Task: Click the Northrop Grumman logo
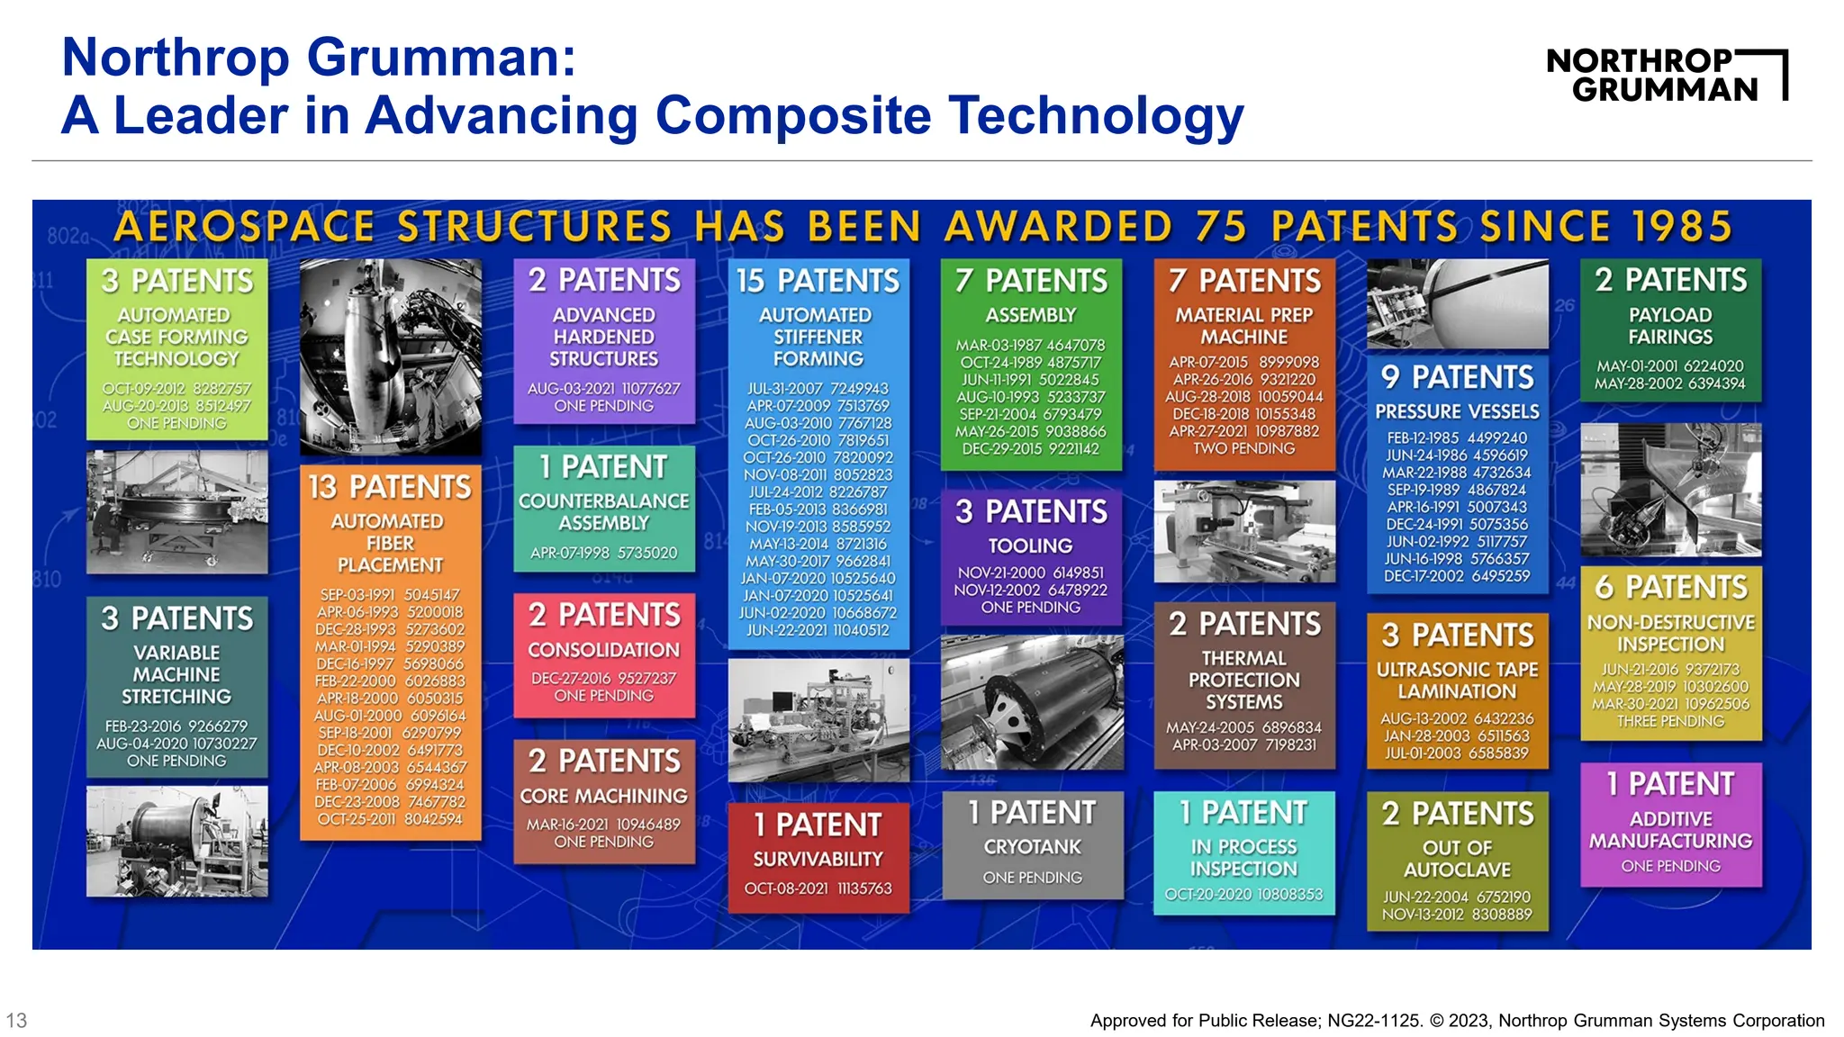tap(1666, 75)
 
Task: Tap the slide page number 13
tap(16, 1020)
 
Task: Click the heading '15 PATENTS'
tap(818, 281)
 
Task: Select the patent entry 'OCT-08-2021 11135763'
tap(818, 888)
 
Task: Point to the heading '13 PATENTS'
tap(390, 487)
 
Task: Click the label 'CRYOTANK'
tap(1032, 847)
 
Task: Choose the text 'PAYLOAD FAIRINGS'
tap(1670, 326)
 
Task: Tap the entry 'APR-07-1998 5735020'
tap(603, 553)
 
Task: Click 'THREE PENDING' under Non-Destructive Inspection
tap(1670, 721)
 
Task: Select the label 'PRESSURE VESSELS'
tap(1457, 411)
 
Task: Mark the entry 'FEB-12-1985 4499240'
tap(1457, 437)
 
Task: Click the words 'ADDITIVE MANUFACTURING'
tap(1670, 830)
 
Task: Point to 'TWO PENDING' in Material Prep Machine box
tap(1243, 448)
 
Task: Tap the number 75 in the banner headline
tap(1221, 226)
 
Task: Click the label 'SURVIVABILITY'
tap(818, 859)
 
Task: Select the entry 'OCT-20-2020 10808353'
tap(1243, 894)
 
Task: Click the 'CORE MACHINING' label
tap(603, 796)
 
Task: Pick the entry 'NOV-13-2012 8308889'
tap(1457, 914)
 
